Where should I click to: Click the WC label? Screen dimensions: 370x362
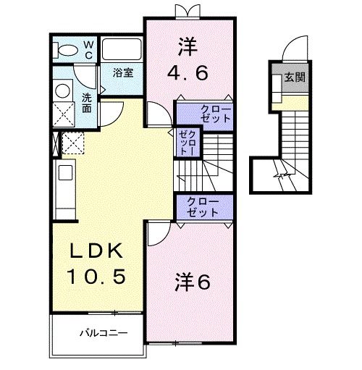point(88,49)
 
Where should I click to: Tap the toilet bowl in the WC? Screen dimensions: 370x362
point(64,50)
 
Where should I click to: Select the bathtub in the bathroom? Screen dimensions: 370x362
point(121,49)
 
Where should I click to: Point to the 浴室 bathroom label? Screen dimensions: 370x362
point(122,72)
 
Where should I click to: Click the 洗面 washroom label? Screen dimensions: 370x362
point(86,103)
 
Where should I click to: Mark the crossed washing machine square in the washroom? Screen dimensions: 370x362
point(62,114)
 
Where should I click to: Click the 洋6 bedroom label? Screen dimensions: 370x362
point(192,282)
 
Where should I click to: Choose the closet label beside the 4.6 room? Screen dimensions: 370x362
point(205,114)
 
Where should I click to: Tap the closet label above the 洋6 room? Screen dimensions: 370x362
point(202,206)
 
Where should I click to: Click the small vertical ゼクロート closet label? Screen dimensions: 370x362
point(185,141)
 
